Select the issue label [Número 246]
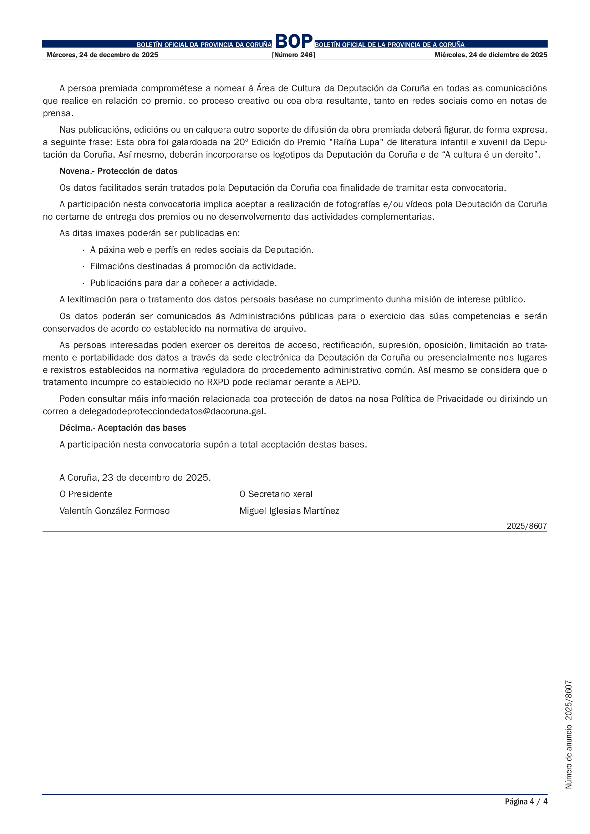coord(293,55)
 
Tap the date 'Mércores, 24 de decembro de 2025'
coord(102,55)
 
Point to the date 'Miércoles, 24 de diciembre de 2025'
coord(490,55)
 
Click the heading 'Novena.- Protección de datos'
coord(118,171)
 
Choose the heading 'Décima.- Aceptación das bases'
coord(123,428)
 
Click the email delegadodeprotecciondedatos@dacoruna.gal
coord(172,411)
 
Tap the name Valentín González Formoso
coord(115,511)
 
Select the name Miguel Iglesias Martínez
coord(289,511)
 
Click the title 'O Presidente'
coord(86,494)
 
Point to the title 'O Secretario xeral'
coord(276,494)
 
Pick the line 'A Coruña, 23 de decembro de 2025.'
coord(135,477)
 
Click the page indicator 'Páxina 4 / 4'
coord(526,801)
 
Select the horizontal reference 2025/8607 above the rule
coord(527,526)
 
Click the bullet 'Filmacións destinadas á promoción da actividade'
coord(193,266)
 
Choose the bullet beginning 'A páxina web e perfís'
coord(202,250)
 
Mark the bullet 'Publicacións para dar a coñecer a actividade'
coord(183,283)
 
